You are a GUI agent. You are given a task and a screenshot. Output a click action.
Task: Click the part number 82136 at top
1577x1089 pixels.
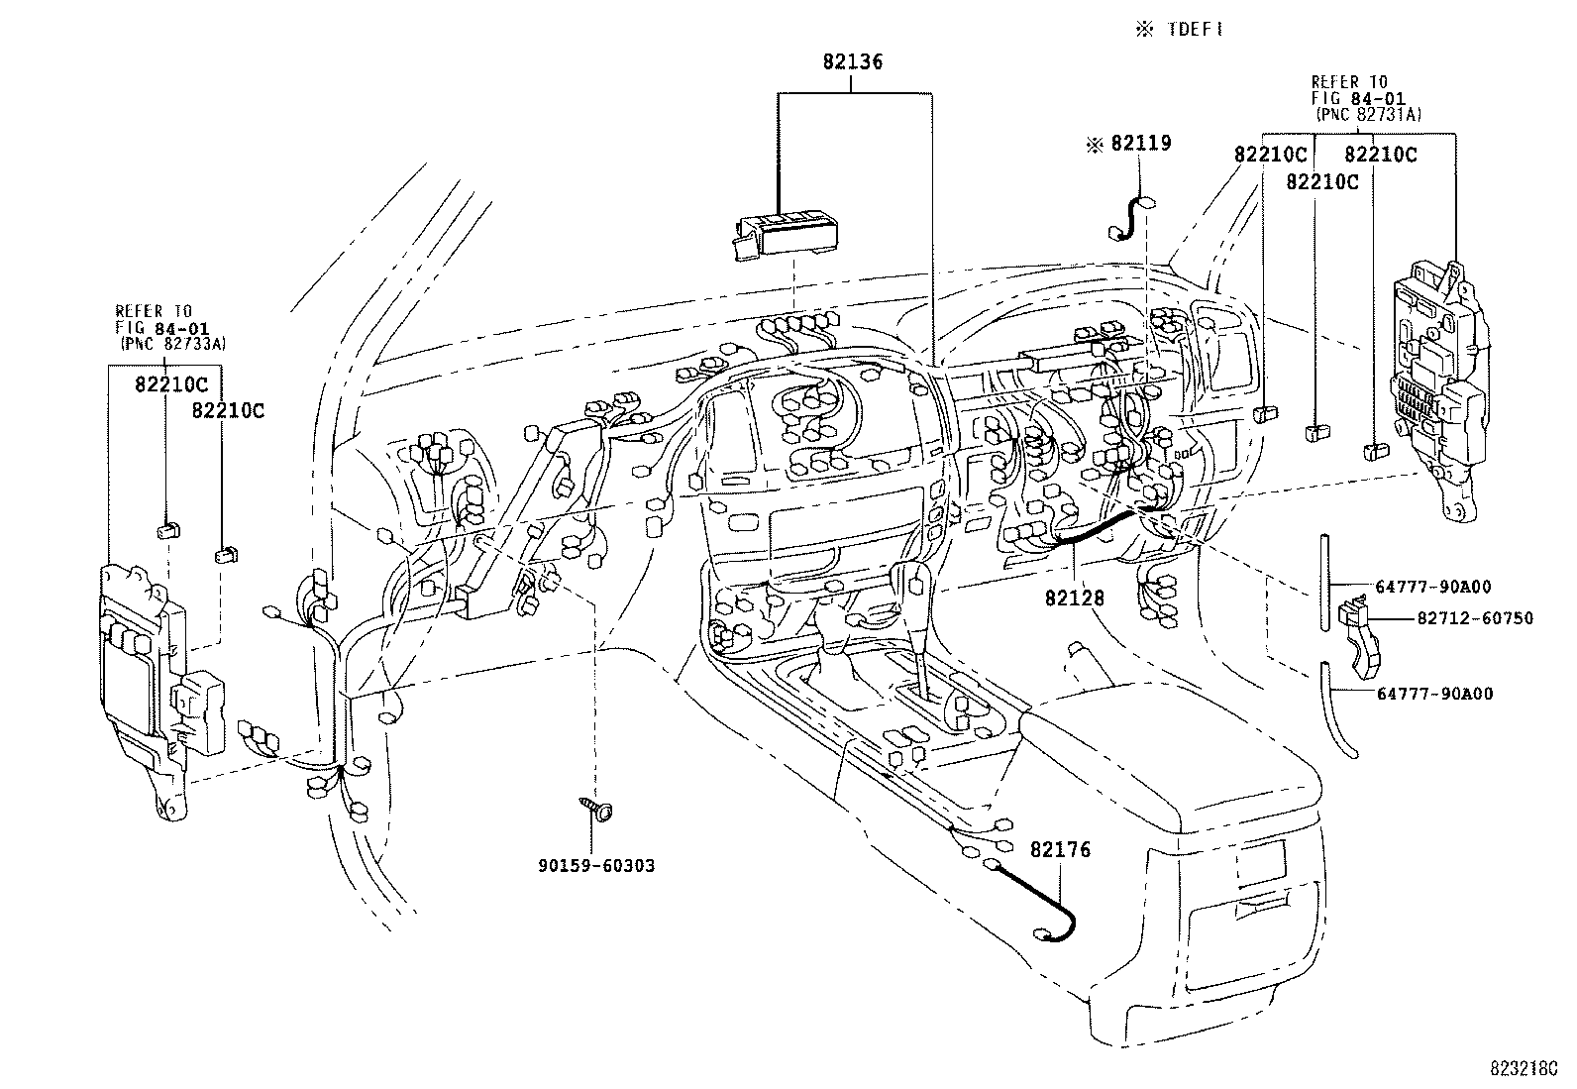point(852,61)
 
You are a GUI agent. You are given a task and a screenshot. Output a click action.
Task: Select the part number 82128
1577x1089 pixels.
point(1073,599)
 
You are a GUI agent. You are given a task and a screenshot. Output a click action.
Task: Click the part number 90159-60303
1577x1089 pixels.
point(595,866)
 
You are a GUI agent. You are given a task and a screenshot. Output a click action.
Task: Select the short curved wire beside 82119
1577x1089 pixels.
point(1129,219)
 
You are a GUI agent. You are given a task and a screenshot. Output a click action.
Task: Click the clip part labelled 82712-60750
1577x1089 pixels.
point(1356,630)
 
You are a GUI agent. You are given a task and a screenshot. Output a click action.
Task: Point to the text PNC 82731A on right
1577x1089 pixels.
point(1368,115)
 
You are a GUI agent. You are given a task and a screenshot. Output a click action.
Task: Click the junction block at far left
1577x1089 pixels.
point(158,684)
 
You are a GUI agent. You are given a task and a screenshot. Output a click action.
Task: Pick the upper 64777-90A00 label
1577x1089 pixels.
point(1433,587)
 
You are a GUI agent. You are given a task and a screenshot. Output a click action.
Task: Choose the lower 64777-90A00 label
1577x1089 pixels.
point(1433,694)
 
